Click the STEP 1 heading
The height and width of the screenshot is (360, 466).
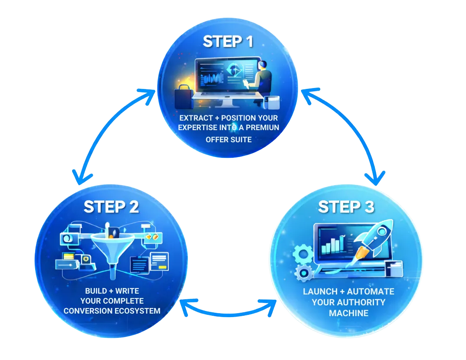(227, 42)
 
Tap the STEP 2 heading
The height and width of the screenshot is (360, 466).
(111, 206)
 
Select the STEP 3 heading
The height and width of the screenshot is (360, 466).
(346, 207)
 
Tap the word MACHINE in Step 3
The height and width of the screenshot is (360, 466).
(348, 313)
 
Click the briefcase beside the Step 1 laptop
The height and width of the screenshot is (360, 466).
(182, 98)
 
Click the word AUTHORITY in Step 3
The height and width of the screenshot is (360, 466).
(349, 302)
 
